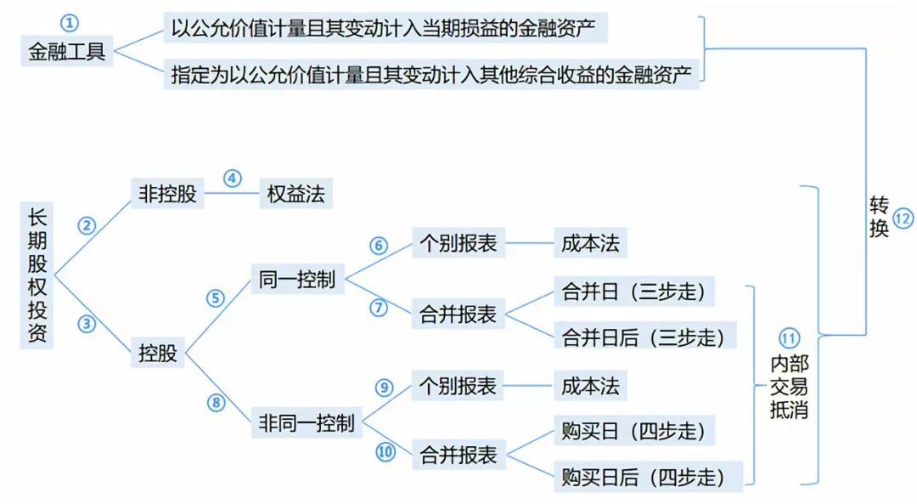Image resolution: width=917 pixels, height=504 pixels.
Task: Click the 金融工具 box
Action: click(66, 51)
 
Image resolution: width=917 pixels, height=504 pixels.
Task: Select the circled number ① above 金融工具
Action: click(70, 23)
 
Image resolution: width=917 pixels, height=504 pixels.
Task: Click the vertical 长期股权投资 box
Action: click(37, 275)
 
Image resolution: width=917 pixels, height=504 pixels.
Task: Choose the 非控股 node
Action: click(167, 194)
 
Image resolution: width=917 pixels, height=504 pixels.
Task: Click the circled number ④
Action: click(232, 178)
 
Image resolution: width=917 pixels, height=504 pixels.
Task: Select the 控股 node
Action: click(158, 353)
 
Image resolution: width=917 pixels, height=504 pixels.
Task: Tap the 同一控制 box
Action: click(296, 279)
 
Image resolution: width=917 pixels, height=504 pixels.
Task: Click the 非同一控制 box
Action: click(307, 422)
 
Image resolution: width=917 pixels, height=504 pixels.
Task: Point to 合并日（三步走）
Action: click(633, 292)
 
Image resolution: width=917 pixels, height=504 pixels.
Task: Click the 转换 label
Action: click(878, 217)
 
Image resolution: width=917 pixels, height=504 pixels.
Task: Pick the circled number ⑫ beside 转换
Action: click(903, 218)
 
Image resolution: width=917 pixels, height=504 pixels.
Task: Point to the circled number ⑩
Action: click(385, 452)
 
